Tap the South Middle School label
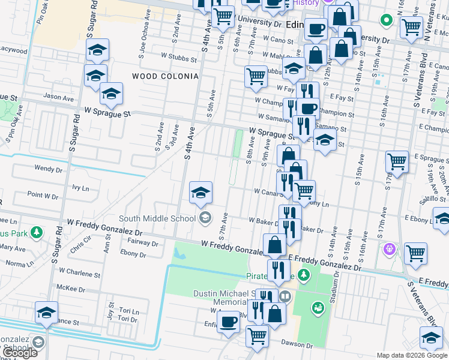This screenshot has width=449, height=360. coord(157,218)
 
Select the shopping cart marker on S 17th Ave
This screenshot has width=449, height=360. coord(397,161)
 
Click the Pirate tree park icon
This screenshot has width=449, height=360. coord(304,275)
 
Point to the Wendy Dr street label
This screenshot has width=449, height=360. coord(49,169)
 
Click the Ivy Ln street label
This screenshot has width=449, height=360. coord(80,188)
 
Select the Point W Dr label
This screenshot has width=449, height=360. coord(43,195)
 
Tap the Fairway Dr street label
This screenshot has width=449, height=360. coord(143,243)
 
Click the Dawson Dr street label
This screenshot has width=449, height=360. coord(297,346)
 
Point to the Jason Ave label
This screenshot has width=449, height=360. coord(59,96)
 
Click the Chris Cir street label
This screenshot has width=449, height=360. coord(80,246)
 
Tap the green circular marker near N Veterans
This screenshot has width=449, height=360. coord(387,22)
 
